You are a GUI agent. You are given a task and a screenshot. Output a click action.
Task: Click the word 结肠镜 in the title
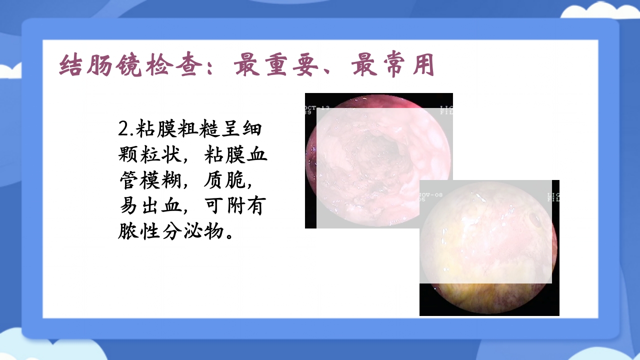(x=101, y=65)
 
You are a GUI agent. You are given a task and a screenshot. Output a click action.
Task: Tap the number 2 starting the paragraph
(x=123, y=129)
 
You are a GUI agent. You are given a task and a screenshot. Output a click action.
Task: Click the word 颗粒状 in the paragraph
(x=148, y=155)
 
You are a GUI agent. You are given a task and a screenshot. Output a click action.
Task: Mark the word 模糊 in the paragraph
(x=160, y=181)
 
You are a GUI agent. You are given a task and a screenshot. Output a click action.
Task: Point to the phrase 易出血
(x=148, y=206)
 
